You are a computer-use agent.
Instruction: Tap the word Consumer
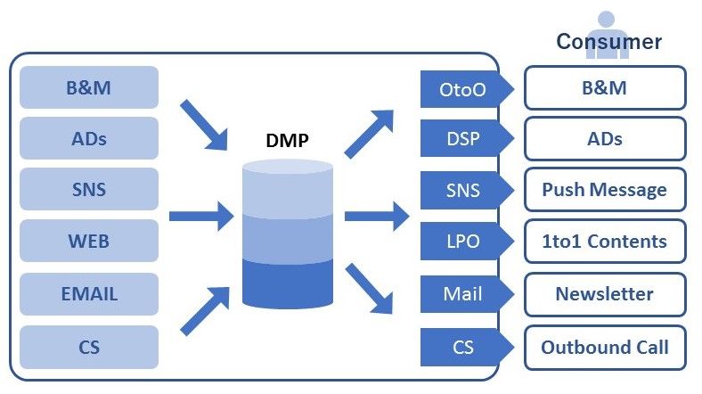tap(608, 41)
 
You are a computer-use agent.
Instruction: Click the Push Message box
tap(605, 190)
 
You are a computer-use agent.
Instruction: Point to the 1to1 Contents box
tap(605, 242)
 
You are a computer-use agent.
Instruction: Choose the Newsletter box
tap(605, 293)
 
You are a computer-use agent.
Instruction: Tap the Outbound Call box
tap(605, 347)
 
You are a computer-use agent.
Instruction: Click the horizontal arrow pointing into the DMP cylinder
tap(200, 216)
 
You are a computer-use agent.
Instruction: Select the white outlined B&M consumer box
tap(605, 88)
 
